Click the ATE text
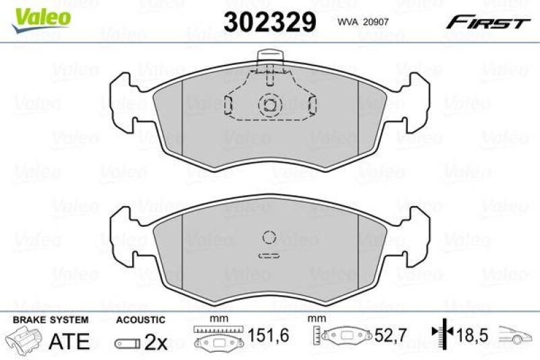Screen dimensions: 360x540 pyautogui.click(x=70, y=342)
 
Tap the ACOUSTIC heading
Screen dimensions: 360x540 pyautogui.click(x=140, y=319)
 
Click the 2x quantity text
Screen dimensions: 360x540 pyautogui.click(x=156, y=342)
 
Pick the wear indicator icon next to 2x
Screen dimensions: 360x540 pyautogui.click(x=127, y=343)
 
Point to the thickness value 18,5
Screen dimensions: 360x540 pyautogui.click(x=473, y=334)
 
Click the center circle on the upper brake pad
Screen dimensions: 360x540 pyautogui.click(x=269, y=105)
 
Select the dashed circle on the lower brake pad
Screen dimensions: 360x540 pyautogui.click(x=269, y=237)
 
